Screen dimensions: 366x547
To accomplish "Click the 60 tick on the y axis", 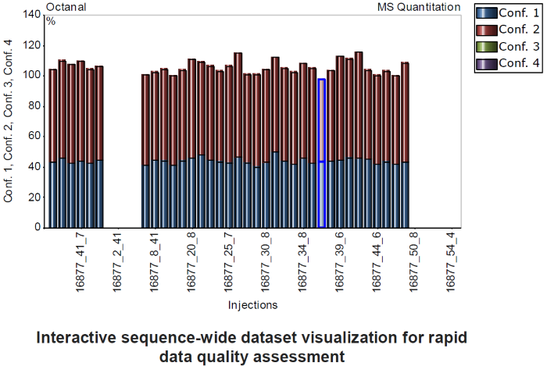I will [34, 137].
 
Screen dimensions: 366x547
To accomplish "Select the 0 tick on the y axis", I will [38, 228].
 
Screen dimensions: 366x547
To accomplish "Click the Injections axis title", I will [252, 304].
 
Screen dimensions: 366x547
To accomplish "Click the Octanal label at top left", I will [66, 7].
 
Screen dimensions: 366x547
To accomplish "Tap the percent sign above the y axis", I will [51, 20].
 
